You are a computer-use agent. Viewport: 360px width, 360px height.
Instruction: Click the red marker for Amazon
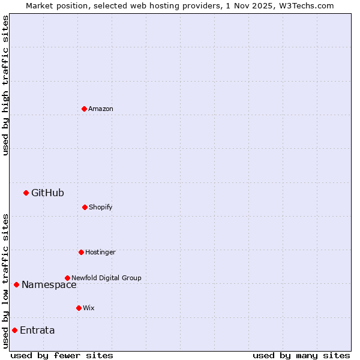coord(84,109)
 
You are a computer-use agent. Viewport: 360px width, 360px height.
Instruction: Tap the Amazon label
coord(101,109)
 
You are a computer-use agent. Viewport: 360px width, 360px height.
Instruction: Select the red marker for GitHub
coord(26,193)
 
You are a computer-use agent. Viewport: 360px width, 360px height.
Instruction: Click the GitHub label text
coord(47,193)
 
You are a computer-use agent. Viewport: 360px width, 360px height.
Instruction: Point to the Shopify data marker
coord(85,207)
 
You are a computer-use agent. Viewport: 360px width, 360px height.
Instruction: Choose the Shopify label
coord(101,208)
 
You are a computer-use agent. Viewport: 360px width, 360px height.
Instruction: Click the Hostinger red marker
coord(81,252)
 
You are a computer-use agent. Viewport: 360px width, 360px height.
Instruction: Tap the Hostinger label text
coord(100,253)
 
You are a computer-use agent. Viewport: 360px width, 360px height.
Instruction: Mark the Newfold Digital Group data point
coord(67,278)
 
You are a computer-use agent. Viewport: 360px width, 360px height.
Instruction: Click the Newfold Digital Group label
coord(107,278)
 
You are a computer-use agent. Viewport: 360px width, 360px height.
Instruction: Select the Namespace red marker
coord(16,284)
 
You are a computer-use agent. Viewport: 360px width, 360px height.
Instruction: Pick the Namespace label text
coord(49,285)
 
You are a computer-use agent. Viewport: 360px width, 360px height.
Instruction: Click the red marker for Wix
coord(79,308)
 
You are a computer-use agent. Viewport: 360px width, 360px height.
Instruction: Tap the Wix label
coord(89,308)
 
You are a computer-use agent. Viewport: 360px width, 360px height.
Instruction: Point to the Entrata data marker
coord(14,330)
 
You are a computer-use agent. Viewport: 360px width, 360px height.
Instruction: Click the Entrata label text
coord(37,331)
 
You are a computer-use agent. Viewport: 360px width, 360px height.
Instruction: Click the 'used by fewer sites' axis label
coord(62,355)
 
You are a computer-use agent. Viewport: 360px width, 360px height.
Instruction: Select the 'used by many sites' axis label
coord(301,355)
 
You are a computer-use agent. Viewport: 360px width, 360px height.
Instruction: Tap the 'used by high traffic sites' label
coord(5,85)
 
